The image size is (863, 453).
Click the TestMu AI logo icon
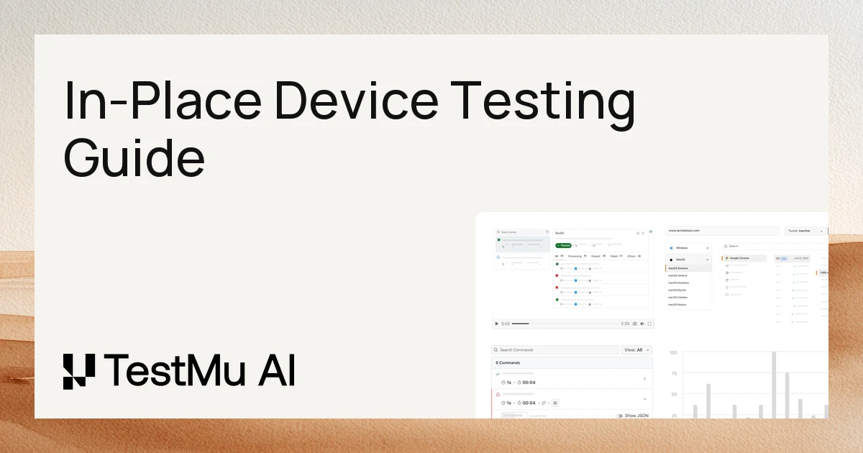78,372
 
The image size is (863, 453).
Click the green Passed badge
563,245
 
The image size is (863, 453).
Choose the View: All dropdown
636,349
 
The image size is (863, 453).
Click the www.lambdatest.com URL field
721,231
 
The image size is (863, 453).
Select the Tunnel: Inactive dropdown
805,231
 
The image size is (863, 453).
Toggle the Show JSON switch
620,416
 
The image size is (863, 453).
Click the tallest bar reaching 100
774,385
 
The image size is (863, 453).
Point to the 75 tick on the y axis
674,374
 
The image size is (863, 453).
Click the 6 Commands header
508,362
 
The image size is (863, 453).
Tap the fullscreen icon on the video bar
650,324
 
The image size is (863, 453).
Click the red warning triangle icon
498,394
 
